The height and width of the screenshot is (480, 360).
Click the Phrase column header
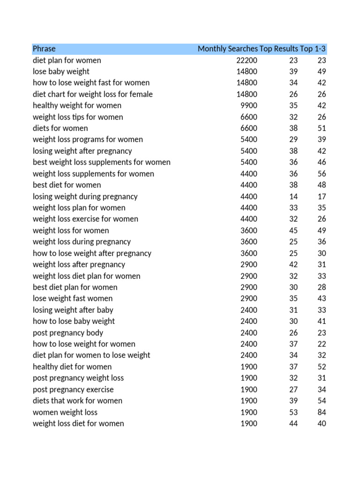tap(44, 49)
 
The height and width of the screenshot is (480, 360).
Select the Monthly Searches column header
tap(227, 49)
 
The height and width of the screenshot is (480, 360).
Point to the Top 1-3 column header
tap(313, 49)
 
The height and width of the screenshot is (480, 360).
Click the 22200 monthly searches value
tap(247, 60)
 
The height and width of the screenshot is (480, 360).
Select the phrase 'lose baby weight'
tap(61, 72)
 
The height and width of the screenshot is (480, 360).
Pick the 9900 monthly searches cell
tap(248, 105)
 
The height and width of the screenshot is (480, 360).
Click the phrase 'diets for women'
tap(60, 128)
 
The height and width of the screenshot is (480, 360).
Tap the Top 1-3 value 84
tap(321, 412)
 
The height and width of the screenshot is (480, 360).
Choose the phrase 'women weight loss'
tap(65, 412)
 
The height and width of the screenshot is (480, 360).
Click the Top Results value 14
tap(293, 196)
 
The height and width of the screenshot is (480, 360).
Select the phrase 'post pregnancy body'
tap(68, 333)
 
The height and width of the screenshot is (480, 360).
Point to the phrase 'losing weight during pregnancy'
tap(85, 196)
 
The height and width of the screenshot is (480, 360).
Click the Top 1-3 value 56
tap(321, 174)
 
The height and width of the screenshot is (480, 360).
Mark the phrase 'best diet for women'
tap(67, 185)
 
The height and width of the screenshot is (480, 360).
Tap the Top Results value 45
tap(293, 231)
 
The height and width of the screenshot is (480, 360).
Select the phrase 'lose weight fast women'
tap(73, 299)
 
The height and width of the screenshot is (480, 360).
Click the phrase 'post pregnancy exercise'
tap(73, 390)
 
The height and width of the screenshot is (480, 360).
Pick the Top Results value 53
tap(293, 412)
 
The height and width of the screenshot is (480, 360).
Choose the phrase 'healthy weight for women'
tap(77, 105)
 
